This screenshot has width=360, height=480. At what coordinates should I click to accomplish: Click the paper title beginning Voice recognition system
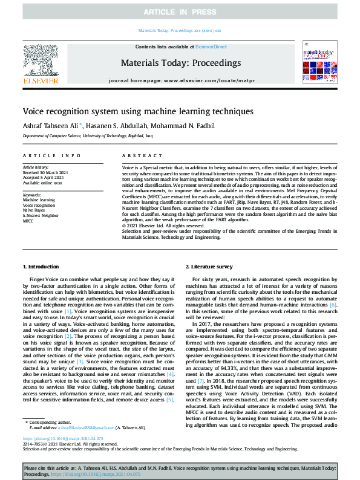click(129, 111)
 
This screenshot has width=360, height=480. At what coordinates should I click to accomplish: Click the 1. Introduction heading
click(41, 267)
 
